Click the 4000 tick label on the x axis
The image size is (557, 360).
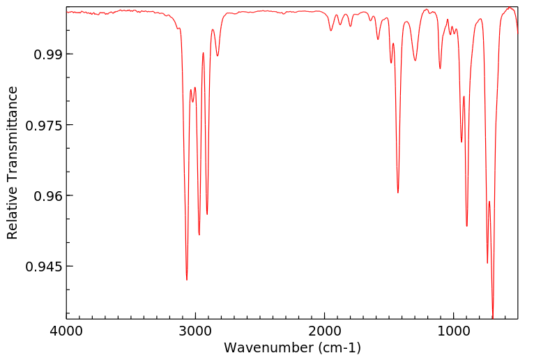(67, 331)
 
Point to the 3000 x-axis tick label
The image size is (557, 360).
(196, 331)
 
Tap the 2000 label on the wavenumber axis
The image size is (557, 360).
(325, 331)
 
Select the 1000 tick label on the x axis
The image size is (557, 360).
(454, 331)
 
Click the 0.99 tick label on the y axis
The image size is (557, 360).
(47, 54)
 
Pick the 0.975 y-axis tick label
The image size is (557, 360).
(44, 125)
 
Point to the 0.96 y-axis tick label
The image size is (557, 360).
(47, 196)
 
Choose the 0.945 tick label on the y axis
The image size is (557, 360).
(44, 267)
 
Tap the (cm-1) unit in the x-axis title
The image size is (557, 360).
(338, 347)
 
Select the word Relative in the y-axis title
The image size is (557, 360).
(13, 216)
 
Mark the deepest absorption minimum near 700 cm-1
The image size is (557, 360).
(493, 317)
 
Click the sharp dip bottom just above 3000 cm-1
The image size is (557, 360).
(187, 280)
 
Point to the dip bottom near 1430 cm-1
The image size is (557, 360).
(398, 193)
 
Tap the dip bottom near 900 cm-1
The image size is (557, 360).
(467, 226)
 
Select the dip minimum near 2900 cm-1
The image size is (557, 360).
(207, 214)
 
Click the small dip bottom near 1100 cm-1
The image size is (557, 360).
(440, 68)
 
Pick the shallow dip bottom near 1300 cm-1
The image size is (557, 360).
(415, 61)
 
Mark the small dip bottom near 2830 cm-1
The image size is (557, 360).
(218, 56)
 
